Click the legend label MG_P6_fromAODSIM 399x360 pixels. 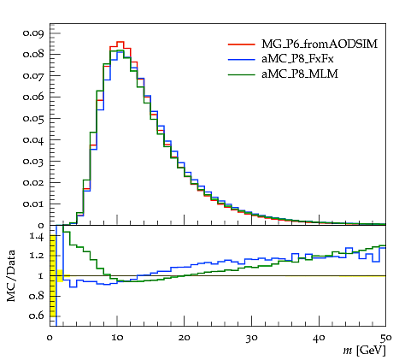point(320,44)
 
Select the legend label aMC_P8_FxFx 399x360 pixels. point(297,59)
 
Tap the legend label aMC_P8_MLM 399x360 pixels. point(300,74)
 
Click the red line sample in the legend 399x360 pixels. point(241,44)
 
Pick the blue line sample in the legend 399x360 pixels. point(241,59)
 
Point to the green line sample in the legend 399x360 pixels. point(241,74)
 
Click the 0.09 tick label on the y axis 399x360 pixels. point(33,33)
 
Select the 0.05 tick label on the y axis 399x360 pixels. point(33,118)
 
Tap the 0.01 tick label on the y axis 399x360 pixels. point(33,204)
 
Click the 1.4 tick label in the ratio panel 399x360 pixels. point(37,236)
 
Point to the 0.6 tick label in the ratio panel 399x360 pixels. point(37,316)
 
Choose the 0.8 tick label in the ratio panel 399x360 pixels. point(37,296)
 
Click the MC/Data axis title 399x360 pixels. point(11,276)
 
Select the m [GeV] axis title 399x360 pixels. point(365,351)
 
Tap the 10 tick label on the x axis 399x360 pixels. point(117,338)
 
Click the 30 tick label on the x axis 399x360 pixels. point(251,338)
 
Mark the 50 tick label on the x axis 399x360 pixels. point(385,338)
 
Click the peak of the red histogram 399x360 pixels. point(120,42)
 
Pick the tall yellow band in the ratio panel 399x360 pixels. point(53,276)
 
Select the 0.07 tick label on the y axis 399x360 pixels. point(33,75)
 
